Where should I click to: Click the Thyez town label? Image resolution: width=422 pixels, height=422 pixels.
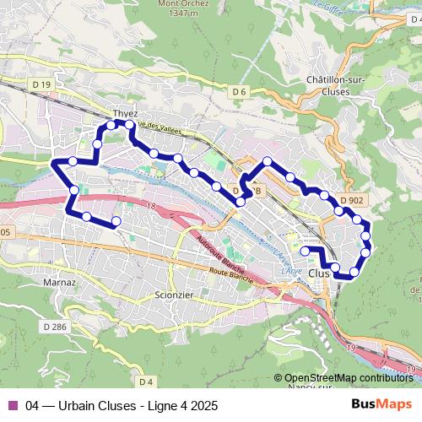[x=125, y=114]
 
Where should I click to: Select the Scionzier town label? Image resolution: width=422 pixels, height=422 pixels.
[x=176, y=295]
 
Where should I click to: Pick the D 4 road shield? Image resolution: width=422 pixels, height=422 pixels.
[x=147, y=382]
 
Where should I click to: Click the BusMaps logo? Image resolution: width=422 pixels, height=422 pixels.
[x=382, y=404]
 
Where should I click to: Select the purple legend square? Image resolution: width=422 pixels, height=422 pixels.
[x=12, y=405]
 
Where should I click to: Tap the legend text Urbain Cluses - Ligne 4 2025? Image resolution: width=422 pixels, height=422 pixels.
[x=122, y=405]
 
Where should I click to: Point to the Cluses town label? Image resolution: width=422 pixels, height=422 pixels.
[x=320, y=273]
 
